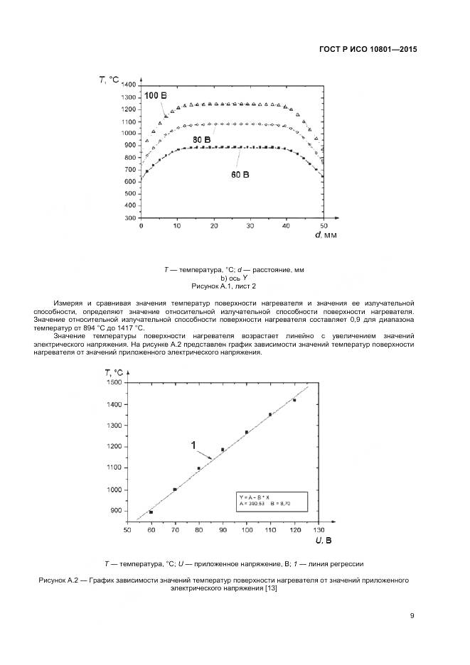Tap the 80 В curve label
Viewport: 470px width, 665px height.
pos(201,140)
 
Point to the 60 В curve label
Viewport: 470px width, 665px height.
pos(240,174)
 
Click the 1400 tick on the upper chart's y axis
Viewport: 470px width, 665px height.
pos(129,85)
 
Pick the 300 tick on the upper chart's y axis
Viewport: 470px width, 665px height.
pos(131,219)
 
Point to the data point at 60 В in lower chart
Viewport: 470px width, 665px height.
pos(151,512)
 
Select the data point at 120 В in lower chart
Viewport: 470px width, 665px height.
pos(294,400)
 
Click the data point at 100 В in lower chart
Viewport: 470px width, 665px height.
pos(247,432)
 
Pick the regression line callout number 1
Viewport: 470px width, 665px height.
pos(193,445)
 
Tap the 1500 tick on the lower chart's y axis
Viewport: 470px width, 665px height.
pos(114,382)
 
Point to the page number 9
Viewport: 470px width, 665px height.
pos(412,615)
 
